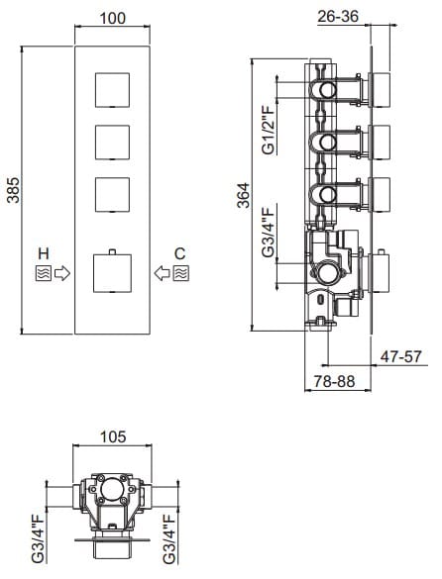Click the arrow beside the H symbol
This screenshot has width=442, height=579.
coord(61,270)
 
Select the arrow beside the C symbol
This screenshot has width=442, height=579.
coord(161,270)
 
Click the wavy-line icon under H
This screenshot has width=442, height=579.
coord(42,270)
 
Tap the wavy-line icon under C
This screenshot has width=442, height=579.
coord(179,270)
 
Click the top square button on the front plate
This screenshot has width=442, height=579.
coord(112,92)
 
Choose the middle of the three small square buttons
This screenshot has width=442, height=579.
coord(112,142)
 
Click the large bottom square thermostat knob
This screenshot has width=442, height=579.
coord(112,272)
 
